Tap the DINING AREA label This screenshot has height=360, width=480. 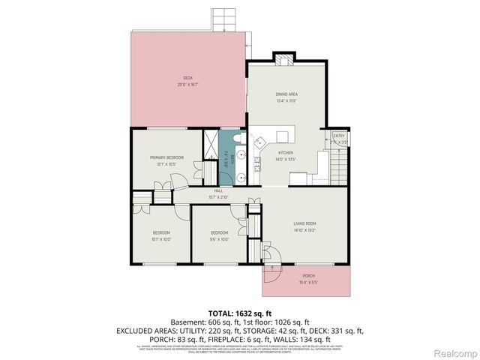(287, 94)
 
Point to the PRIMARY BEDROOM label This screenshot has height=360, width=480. (166, 157)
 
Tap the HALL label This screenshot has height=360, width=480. (218, 191)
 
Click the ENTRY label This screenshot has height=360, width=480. (339, 136)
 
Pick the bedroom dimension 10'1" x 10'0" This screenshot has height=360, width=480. (162, 239)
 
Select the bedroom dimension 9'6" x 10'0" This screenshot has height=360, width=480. (218, 239)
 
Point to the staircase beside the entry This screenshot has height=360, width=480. (340, 166)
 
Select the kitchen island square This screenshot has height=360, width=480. (283, 136)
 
